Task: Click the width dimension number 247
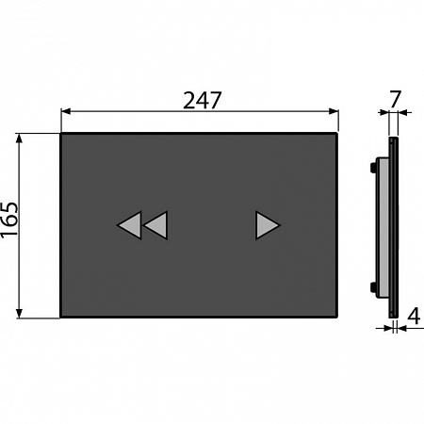click(x=203, y=101)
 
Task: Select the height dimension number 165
click(x=9, y=220)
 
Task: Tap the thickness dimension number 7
click(x=395, y=99)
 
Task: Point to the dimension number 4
click(x=414, y=316)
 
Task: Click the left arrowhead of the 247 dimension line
click(x=66, y=111)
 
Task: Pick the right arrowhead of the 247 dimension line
click(x=334, y=111)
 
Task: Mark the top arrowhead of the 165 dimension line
click(x=20, y=139)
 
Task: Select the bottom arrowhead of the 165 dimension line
click(x=20, y=313)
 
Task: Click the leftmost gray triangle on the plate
click(x=130, y=225)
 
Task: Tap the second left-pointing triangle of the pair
click(x=156, y=225)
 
